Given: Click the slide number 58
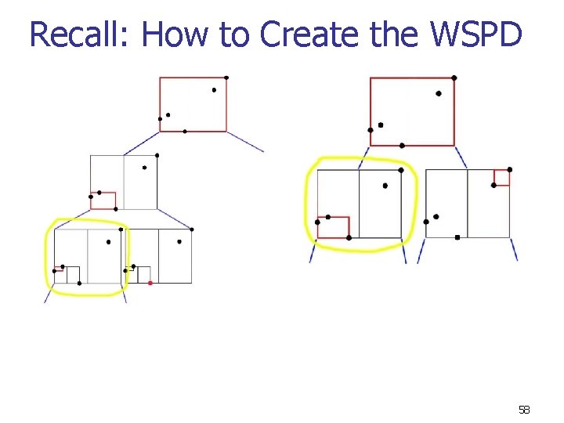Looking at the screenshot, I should coord(524,410).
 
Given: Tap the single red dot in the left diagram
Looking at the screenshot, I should coord(150,283).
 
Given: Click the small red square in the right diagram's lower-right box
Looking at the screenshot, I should coord(501,178).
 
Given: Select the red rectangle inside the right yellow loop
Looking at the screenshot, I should coord(333,227).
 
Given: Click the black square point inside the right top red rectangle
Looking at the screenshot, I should coord(381,125).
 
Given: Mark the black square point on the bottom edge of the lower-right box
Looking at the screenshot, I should coord(457,237).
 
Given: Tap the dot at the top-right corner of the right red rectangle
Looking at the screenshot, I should coord(454,78).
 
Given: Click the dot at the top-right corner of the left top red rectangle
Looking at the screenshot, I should coord(226,77).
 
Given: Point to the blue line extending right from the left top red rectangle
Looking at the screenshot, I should coord(245,142).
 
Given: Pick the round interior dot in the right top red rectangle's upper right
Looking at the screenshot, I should coord(439,93).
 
